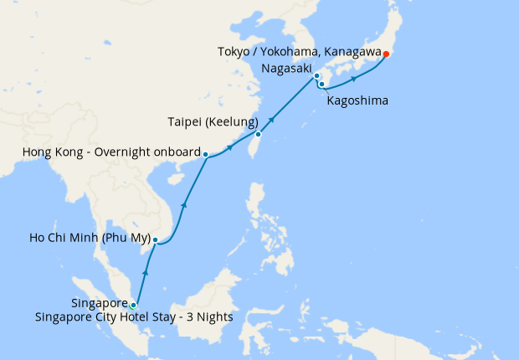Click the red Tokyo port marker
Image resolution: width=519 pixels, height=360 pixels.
click(x=386, y=54)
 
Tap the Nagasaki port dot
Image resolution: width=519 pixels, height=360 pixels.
click(x=316, y=76)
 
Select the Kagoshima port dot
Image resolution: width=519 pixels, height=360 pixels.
click(x=321, y=84)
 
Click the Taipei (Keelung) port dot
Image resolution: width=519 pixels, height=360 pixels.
click(x=259, y=134)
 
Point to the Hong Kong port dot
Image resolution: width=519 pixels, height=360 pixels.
click(x=205, y=154)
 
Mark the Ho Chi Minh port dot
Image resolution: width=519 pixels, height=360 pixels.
click(x=155, y=240)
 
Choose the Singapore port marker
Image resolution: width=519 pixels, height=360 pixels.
click(x=132, y=305)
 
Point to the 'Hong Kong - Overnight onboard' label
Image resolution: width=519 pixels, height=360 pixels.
click(x=110, y=153)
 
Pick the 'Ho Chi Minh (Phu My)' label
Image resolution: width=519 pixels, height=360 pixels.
click(x=90, y=239)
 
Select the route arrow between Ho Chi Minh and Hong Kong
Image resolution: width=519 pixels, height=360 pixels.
click(x=184, y=203)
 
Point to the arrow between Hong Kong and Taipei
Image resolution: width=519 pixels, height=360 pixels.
click(x=229, y=147)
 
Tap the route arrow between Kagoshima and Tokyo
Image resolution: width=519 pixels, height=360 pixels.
click(x=355, y=79)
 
